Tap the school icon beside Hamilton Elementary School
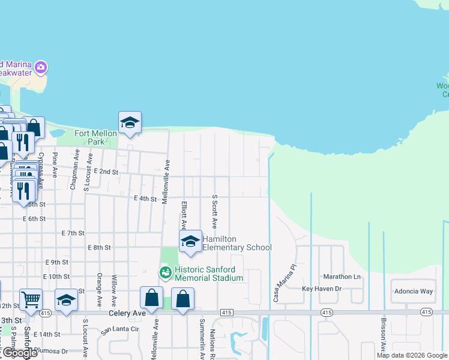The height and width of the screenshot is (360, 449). tap(190, 241)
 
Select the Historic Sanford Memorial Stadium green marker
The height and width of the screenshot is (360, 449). tap(165, 272)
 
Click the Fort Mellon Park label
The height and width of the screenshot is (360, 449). tap(90, 137)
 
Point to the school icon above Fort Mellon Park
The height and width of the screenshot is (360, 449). tap(130, 123)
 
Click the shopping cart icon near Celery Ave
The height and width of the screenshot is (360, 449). tap(31, 299)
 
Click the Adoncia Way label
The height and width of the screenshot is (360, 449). tap(413, 291)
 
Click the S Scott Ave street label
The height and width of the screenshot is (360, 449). tap(214, 211)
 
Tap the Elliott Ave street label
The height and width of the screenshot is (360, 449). tap(184, 215)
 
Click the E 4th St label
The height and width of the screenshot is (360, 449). tap(145, 198)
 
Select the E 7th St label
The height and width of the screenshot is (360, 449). tap(73, 233)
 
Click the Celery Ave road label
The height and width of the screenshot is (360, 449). tap(123, 313)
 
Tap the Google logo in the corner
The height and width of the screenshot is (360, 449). tap(19, 353)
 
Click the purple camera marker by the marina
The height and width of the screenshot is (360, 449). tap(41, 67)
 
